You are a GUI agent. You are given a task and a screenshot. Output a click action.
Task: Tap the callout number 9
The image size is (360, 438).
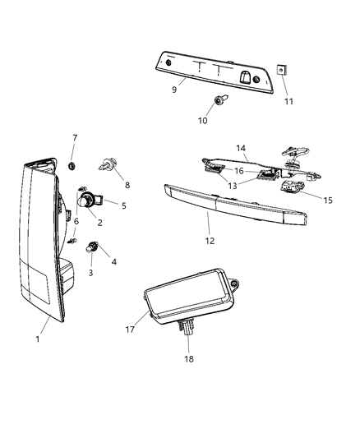174,90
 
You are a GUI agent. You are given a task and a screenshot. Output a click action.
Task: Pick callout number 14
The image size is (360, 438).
241,148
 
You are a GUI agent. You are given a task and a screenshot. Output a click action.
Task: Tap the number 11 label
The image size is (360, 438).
288,101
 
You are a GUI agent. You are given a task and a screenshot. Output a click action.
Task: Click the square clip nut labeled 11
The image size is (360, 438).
281,71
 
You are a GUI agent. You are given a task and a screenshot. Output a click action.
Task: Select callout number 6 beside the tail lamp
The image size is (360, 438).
76,221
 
